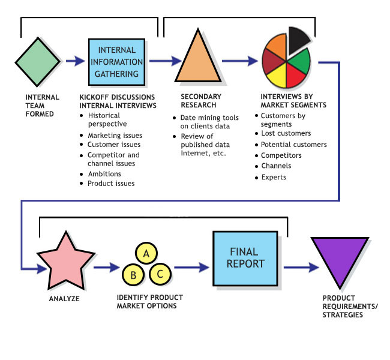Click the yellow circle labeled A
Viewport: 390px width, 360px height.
[146, 253]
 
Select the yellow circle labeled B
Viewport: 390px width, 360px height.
[132, 275]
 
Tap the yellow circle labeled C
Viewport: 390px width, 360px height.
[159, 275]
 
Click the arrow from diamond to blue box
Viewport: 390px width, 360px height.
[75, 61]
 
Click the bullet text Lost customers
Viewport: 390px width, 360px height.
[286, 133]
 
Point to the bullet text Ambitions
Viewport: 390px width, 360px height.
[104, 174]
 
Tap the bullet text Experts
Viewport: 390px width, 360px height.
[274, 177]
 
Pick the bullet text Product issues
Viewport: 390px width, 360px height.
[111, 184]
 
